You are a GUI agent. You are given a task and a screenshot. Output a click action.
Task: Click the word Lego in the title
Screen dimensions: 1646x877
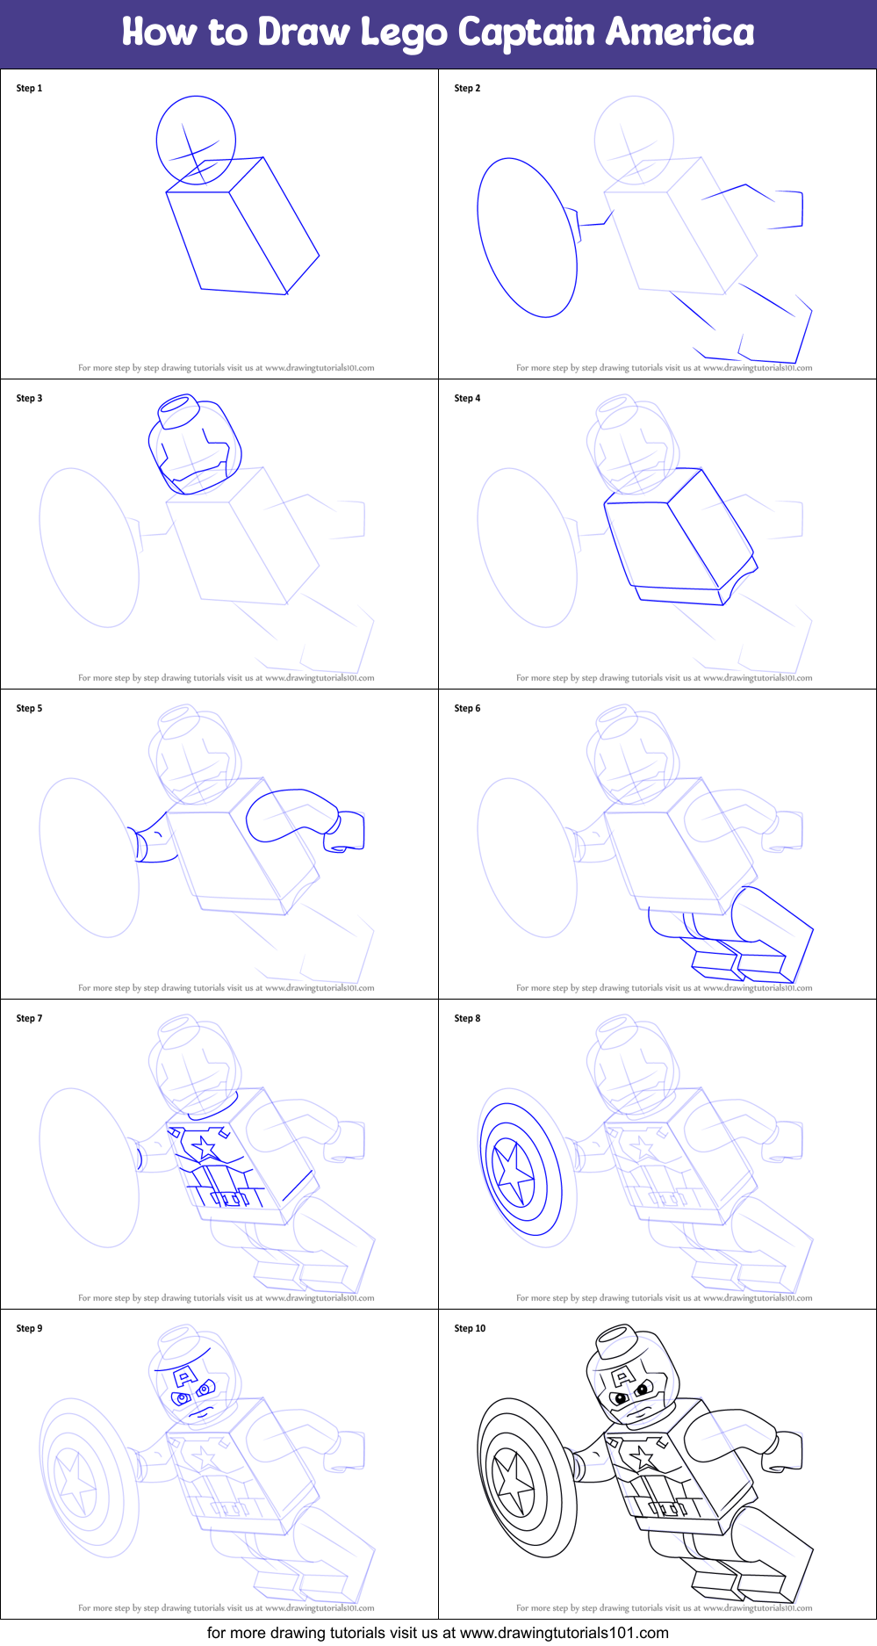point(403,32)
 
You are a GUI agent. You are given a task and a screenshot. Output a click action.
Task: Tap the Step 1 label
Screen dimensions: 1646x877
point(29,88)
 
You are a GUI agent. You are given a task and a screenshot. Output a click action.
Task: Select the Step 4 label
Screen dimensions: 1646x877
point(467,398)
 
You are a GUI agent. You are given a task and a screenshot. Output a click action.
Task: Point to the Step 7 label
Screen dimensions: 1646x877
point(29,1018)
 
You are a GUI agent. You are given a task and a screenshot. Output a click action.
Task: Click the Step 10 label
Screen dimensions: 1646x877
point(470,1328)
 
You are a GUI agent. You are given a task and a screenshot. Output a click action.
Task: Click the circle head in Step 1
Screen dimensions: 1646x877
point(196,139)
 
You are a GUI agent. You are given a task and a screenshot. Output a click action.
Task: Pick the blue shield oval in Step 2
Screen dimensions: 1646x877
point(527,237)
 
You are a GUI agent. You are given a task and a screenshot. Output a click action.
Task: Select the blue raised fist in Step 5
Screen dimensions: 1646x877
point(347,833)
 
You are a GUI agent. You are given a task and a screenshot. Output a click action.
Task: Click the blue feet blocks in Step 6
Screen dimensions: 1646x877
point(737,962)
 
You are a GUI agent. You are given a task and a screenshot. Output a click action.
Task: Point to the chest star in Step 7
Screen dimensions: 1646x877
point(204,1147)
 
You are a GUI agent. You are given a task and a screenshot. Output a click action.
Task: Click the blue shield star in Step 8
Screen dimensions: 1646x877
point(514,1173)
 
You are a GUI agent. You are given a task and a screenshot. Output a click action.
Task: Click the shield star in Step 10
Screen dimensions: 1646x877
point(514,1484)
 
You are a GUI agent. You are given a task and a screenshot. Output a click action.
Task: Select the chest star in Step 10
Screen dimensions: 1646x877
point(643,1457)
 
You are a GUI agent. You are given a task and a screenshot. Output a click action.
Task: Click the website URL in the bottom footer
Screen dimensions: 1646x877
point(564,1633)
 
